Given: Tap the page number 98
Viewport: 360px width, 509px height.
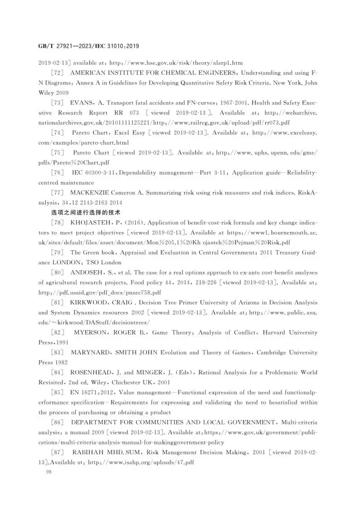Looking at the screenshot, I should coord(44,472).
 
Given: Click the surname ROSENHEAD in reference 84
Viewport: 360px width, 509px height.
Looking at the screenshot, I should coord(94,373).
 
